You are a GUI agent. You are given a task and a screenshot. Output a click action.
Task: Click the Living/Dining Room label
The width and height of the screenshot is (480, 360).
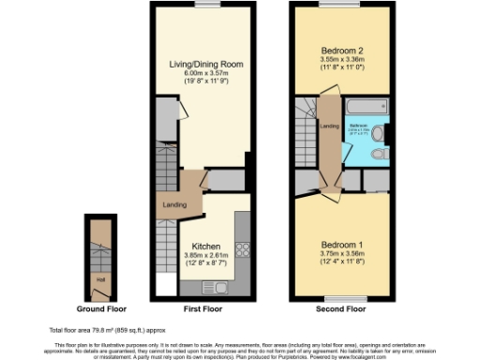pos(205,65)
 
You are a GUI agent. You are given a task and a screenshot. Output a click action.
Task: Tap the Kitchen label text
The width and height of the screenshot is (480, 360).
pos(205,247)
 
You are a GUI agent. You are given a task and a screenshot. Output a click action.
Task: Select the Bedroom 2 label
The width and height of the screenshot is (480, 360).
pos(342,49)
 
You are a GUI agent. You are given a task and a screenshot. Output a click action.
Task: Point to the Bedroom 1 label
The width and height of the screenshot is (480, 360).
pos(341,246)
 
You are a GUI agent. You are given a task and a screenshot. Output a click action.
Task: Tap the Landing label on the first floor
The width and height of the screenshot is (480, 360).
pos(174,205)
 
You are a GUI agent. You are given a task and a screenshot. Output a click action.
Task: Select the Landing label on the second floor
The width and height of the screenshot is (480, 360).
pos(329,126)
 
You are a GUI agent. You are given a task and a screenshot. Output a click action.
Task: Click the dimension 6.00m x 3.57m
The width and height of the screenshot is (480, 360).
pos(205,74)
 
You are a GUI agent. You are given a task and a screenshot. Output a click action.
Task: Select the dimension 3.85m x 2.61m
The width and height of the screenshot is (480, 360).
pos(205,256)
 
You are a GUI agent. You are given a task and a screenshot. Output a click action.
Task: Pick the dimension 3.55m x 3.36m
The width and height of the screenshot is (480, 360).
pos(342,59)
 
